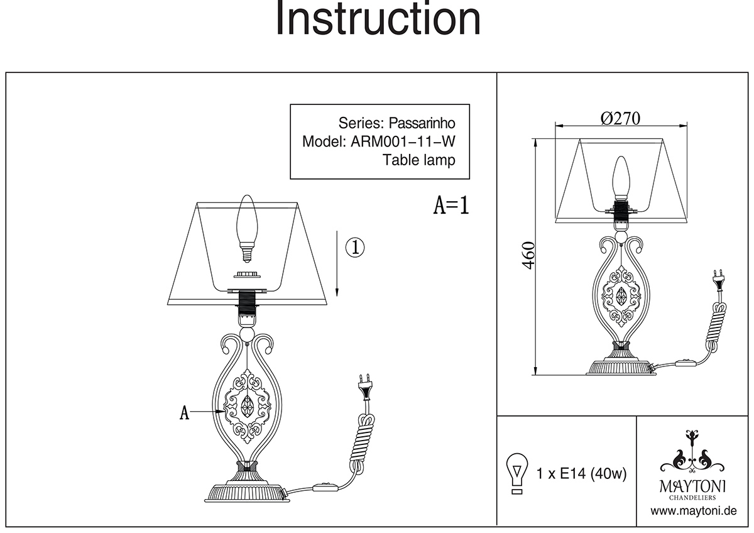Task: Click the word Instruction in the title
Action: tap(378, 19)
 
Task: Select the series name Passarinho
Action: tap(420, 122)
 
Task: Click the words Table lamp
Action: tap(419, 160)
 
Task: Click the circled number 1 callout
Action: tap(355, 247)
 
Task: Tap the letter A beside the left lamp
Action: tap(184, 412)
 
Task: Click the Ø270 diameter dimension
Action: tap(620, 118)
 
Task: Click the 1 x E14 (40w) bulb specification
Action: tap(582, 473)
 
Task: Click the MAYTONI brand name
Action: tap(692, 485)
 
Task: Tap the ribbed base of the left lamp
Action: tap(246, 490)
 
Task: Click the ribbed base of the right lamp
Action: tap(621, 366)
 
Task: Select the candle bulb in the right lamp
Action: tap(621, 178)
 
